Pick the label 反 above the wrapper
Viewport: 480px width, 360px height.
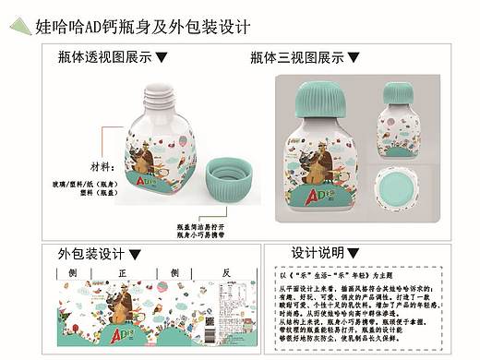[x=225, y=273]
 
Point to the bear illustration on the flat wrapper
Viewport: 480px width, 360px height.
[x=120, y=305]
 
